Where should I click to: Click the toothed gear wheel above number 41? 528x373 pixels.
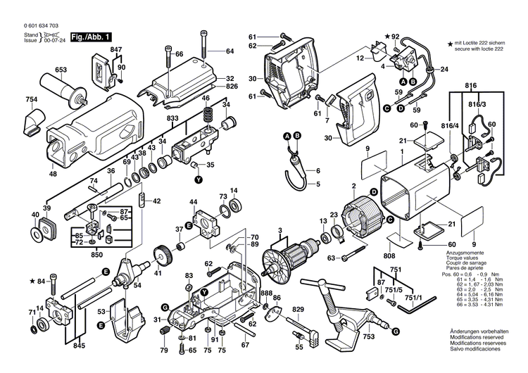pos(160,253)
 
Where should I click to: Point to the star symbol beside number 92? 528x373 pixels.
pos(386,36)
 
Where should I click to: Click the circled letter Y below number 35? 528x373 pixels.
pos(198,179)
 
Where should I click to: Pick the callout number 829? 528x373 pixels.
pos(298,310)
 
